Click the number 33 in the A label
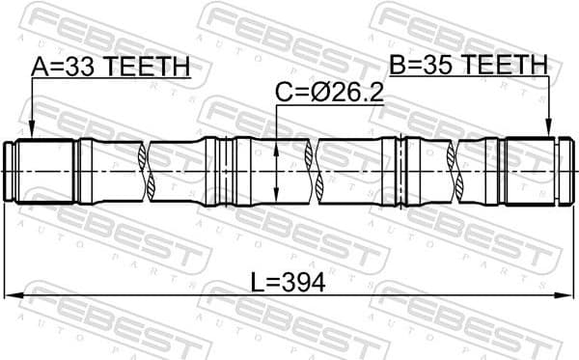tap(85, 67)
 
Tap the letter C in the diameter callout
tap(284, 93)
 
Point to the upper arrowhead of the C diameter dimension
tap(278, 146)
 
